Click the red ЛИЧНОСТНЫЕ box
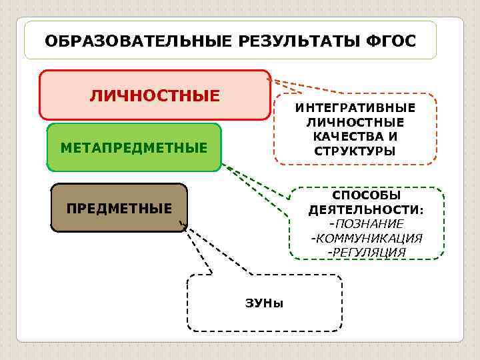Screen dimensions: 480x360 (x=155, y=95)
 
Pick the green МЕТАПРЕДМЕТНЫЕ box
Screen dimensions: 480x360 (x=134, y=147)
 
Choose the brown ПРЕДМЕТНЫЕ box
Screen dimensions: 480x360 (x=119, y=208)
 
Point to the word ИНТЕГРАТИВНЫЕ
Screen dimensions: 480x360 (x=355, y=108)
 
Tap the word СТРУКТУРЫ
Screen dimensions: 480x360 (x=355, y=151)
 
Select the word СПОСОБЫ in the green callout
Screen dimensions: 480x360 (x=367, y=195)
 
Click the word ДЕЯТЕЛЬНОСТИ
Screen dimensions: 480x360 (x=366, y=209)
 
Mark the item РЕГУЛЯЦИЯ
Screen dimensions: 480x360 (x=367, y=252)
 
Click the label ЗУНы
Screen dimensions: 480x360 (x=265, y=303)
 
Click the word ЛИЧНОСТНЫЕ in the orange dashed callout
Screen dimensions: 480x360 (x=355, y=123)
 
